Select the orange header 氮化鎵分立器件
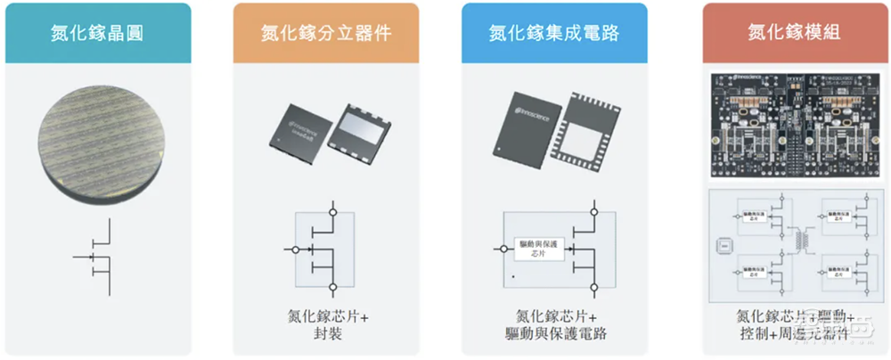326,33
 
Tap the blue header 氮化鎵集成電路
554,33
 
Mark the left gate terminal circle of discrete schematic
294,249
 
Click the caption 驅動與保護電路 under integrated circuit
554,334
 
